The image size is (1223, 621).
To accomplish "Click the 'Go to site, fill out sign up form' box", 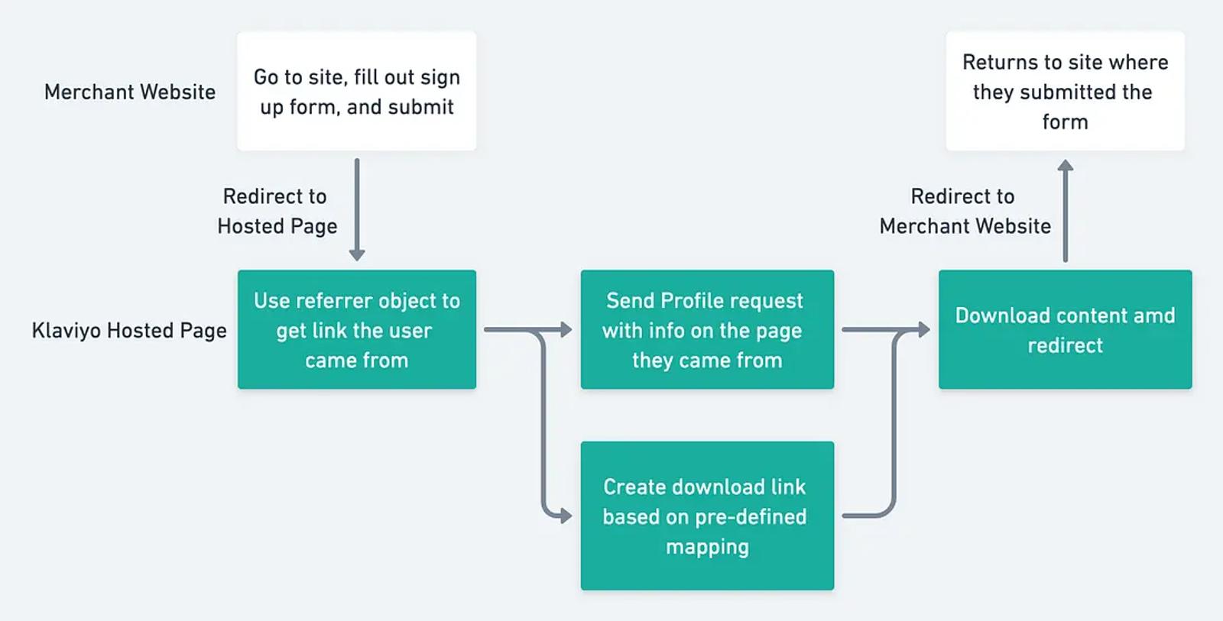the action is click(356, 91).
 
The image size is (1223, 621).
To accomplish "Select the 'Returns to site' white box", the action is click(1066, 91).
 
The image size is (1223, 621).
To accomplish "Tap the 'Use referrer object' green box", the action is click(356, 330).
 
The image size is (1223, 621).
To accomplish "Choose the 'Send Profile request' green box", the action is click(707, 330).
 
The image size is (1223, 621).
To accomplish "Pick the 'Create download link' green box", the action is click(707, 516).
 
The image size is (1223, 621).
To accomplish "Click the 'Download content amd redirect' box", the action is click(1066, 330).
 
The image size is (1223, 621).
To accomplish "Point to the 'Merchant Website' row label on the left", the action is click(130, 92).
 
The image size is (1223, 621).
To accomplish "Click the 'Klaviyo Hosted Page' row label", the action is click(129, 331).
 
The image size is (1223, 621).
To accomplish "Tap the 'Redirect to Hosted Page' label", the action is click(277, 211).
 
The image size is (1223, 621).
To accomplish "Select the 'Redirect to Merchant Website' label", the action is click(965, 211).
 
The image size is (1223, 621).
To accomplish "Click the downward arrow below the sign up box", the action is click(356, 209).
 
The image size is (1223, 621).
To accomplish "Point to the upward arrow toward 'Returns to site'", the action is click(1066, 211).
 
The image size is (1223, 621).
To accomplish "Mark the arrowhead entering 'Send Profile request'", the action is click(566, 330).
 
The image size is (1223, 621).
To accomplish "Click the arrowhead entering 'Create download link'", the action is click(566, 516).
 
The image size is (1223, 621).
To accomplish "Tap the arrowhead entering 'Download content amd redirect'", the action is click(924, 330).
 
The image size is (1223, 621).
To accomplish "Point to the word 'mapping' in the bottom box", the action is click(707, 547).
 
